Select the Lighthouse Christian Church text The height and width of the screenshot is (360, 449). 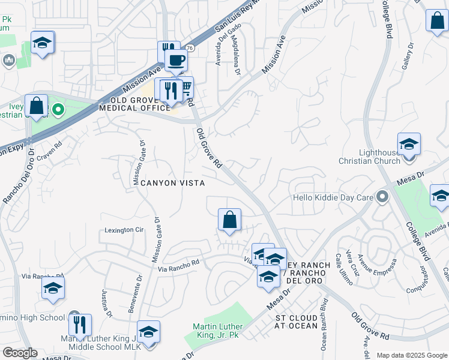[x=370, y=157]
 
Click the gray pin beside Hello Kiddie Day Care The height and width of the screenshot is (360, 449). [x=381, y=197]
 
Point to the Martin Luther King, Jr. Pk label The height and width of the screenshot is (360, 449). [x=215, y=331]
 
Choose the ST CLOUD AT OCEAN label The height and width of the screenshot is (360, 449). [x=297, y=321]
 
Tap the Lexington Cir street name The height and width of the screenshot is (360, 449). [x=125, y=230]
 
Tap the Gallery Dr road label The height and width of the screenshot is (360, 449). [x=408, y=57]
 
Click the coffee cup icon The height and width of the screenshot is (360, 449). [x=176, y=61]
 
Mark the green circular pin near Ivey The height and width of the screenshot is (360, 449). [x=58, y=110]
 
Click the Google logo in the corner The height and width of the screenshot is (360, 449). [x=20, y=353]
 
